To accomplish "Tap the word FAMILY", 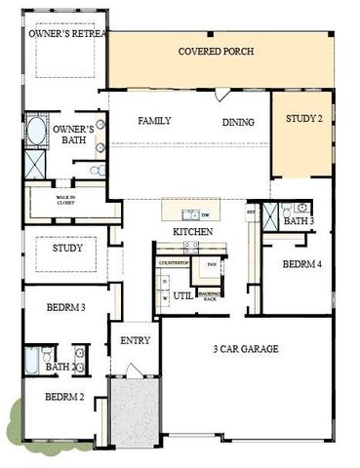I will coord(154,121).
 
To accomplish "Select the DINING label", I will coord(238,122).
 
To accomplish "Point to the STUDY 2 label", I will coord(302,120).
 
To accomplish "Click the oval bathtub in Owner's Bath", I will coord(36,132).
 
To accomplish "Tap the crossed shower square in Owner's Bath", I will coord(36,162).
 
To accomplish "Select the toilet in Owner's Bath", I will coord(98,170).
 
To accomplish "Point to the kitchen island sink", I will coord(192,214).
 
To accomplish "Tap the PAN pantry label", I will coord(209,263).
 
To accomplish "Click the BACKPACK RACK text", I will coord(209,294).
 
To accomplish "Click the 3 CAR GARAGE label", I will coord(245,348).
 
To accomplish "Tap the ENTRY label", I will coord(134,341).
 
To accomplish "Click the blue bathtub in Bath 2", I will coord(32,360).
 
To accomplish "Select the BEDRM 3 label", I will coord(66,308).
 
